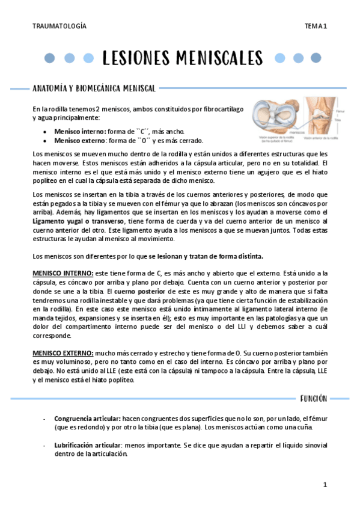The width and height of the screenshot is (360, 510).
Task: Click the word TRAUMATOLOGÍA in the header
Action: pos(59,26)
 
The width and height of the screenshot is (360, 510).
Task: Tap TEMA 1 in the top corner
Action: pos(315,26)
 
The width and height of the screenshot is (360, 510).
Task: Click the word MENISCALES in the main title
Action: pos(220,58)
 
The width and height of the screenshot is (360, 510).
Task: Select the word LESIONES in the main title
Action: pos(138,58)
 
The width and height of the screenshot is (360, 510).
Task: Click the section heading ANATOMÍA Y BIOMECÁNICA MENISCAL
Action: pos(94,88)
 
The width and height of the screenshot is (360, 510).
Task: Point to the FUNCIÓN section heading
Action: pos(313,398)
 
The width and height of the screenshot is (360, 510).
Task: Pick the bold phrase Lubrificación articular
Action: pos(87,445)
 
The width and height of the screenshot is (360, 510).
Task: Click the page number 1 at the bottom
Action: pos(325,484)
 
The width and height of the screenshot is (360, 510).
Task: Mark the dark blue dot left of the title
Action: pos(50,58)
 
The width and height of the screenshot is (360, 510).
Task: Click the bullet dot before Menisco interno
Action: pos(47,132)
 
